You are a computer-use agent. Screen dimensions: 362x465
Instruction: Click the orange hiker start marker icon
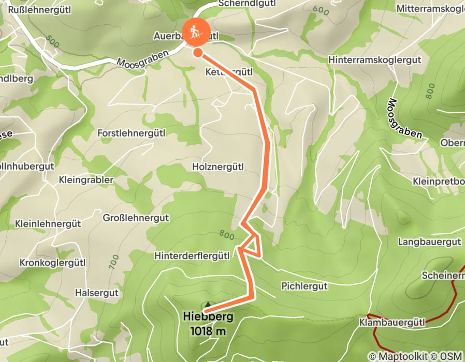[x=195, y=32]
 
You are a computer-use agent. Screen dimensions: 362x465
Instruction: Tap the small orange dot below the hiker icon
[x=198, y=52]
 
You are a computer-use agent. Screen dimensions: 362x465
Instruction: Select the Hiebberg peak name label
[x=208, y=317]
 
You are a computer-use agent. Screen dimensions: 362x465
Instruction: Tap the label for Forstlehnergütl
[x=132, y=133]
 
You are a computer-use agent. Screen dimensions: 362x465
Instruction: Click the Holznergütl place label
[x=217, y=167]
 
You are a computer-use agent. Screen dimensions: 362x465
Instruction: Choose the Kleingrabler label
[x=86, y=180]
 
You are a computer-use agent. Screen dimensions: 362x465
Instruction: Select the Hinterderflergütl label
[x=192, y=256]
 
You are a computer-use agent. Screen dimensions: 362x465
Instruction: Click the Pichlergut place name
[x=304, y=285]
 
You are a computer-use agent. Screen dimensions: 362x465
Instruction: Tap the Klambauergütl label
[x=391, y=323]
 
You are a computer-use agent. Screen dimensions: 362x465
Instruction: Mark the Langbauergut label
[x=429, y=242]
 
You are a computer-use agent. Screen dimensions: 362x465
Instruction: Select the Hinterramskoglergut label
[x=375, y=60]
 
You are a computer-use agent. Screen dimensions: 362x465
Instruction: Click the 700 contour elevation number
[x=113, y=262]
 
